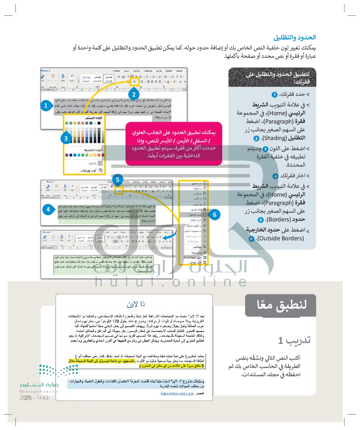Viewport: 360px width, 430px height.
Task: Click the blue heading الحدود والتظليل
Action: click(x=294, y=37)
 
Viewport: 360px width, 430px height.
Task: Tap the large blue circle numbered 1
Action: click(x=46, y=106)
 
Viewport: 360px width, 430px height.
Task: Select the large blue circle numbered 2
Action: click(x=134, y=94)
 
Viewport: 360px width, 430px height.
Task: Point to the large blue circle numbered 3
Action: click(x=66, y=138)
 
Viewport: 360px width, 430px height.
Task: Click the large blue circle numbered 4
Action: click(x=48, y=209)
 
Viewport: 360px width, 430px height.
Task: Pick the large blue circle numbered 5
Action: click(x=118, y=180)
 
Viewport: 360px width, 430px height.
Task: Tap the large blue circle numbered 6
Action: click(x=215, y=215)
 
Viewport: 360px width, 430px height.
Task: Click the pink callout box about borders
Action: click(x=174, y=144)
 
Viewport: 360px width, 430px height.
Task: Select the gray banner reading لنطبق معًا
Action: click(x=281, y=305)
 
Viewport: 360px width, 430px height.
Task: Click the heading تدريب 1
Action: click(x=294, y=340)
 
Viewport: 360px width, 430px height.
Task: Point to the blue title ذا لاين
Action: click(x=136, y=304)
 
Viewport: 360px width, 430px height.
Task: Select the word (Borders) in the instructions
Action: click(x=278, y=219)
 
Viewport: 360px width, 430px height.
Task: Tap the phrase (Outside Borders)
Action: click(x=281, y=238)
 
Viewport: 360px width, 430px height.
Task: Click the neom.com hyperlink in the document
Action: click(x=177, y=394)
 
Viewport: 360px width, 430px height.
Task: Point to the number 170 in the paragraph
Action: click(x=116, y=321)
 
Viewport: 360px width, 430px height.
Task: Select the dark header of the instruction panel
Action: click(x=272, y=77)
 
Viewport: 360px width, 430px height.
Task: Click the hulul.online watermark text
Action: click(x=171, y=282)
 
